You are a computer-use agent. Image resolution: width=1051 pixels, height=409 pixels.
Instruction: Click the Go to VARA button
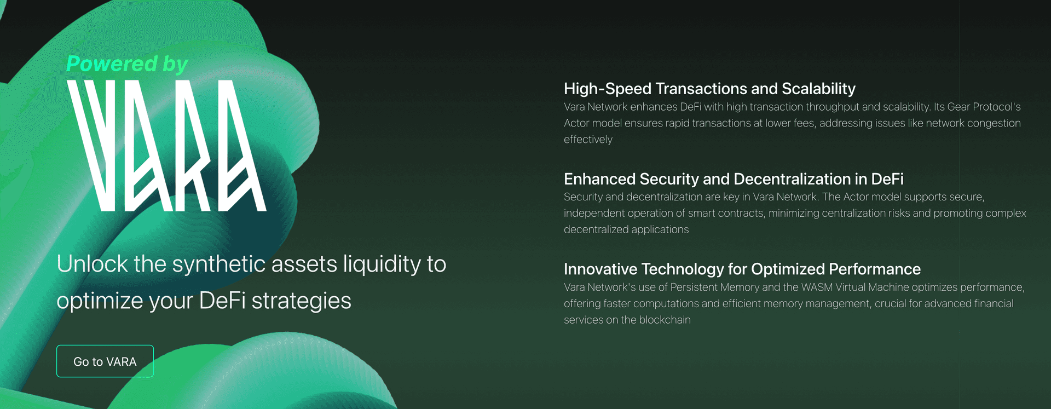tap(105, 361)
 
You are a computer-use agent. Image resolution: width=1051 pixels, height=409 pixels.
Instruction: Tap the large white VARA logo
tap(166, 146)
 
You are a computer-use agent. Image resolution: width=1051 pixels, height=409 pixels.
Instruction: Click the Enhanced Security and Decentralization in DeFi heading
tap(734, 179)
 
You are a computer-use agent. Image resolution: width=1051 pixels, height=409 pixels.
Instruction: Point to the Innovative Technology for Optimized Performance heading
tap(742, 269)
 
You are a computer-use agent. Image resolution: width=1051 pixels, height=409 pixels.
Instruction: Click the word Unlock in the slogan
tap(92, 264)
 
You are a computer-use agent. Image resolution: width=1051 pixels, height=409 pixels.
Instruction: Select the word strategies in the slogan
tap(301, 301)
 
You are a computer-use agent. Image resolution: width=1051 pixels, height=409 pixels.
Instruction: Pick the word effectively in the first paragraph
tap(588, 140)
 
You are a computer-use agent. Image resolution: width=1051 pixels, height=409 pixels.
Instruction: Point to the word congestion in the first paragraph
tap(994, 124)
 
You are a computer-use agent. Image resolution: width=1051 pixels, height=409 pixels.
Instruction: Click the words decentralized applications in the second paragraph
tap(626, 229)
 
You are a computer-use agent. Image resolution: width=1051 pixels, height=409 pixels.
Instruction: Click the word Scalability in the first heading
tap(818, 89)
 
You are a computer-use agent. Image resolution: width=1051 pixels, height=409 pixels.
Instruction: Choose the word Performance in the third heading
tap(875, 269)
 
